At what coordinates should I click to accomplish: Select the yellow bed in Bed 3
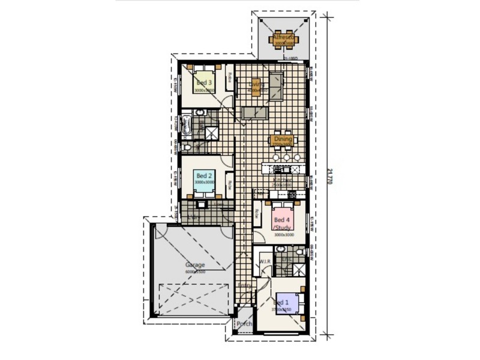[x=204, y=82]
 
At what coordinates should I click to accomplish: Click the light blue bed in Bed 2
[x=204, y=179]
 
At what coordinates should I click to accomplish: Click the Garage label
[x=194, y=265]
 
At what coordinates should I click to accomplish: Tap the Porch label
[x=244, y=324]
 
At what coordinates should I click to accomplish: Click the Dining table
[x=282, y=140]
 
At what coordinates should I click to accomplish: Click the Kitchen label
[x=283, y=179]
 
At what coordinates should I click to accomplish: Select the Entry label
[x=244, y=285]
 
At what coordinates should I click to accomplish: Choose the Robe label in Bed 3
[x=229, y=78]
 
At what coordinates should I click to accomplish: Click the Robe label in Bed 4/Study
[x=257, y=212]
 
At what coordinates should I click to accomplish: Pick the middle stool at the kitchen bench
[x=287, y=158]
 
